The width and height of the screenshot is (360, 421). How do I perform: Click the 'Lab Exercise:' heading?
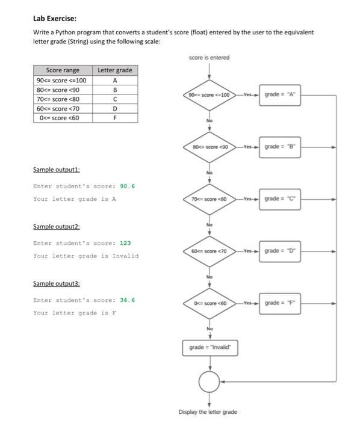55,17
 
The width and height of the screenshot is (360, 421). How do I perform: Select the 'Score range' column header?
63,70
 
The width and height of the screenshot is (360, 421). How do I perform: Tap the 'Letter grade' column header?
114,70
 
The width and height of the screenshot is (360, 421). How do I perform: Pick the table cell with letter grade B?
114,90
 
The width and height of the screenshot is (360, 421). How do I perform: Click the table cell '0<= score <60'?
63,117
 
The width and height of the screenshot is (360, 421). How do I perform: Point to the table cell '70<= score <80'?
63,99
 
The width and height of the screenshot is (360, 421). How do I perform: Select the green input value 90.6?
127,186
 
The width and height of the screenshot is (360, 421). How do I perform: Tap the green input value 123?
125,243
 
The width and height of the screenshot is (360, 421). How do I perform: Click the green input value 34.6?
127,300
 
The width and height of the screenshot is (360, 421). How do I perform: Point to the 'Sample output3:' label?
56,283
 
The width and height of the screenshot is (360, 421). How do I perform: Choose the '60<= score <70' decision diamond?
209,250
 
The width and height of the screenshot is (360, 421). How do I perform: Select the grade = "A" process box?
281,95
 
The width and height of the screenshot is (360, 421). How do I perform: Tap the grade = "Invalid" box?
209,347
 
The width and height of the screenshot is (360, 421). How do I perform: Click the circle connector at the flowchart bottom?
209,381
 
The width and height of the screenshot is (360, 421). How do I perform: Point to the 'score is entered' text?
209,58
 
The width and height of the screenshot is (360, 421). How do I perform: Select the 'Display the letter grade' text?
208,412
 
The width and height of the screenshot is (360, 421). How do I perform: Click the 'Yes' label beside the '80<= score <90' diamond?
247,146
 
